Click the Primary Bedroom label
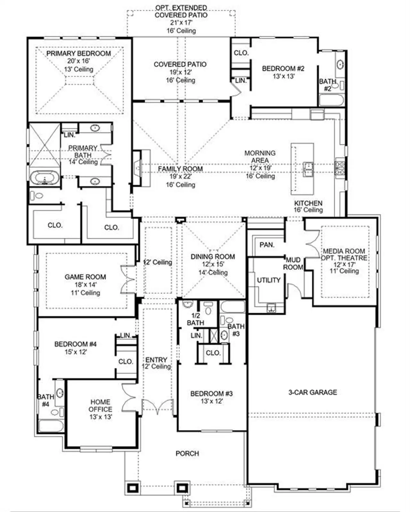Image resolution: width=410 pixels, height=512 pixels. pyautogui.click(x=78, y=53)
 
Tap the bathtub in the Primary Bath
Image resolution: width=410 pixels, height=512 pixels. pyautogui.click(x=45, y=178)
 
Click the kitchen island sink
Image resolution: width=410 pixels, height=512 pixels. pyautogui.click(x=308, y=169)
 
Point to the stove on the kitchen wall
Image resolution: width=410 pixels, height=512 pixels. pyautogui.click(x=340, y=168)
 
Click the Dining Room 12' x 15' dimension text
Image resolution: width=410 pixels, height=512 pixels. pyautogui.click(x=213, y=264)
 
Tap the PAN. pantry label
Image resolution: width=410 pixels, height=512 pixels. pyautogui.click(x=267, y=245)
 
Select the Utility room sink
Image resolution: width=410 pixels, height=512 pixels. pyautogui.click(x=272, y=309)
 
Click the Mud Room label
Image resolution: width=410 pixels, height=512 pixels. pyautogui.click(x=293, y=263)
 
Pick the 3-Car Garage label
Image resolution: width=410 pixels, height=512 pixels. pyautogui.click(x=313, y=392)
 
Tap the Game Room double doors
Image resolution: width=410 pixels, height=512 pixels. pyautogui.click(x=127, y=279)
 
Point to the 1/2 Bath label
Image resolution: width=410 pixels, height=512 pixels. pyautogui.click(x=195, y=319)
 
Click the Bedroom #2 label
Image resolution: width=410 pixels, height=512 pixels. pyautogui.click(x=283, y=68)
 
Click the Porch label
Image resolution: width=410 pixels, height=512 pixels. pyautogui.click(x=187, y=453)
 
